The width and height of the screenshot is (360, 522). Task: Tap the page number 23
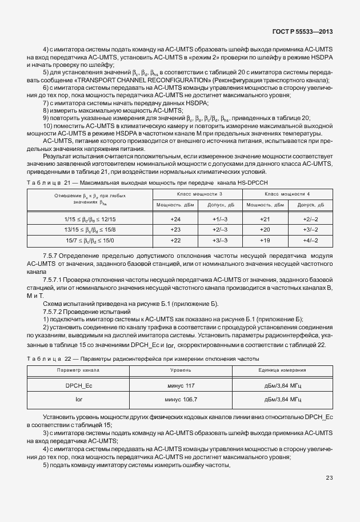pyautogui.click(x=329, y=477)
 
